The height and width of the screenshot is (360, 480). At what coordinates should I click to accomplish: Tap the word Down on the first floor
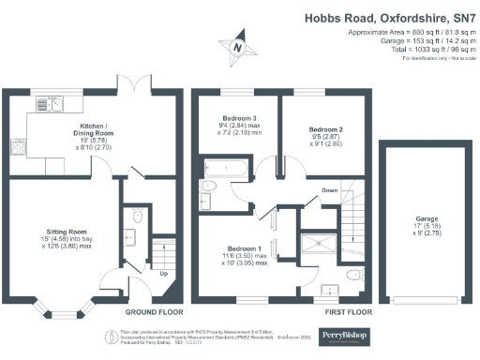329,189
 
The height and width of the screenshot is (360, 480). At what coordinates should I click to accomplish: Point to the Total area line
422,49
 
